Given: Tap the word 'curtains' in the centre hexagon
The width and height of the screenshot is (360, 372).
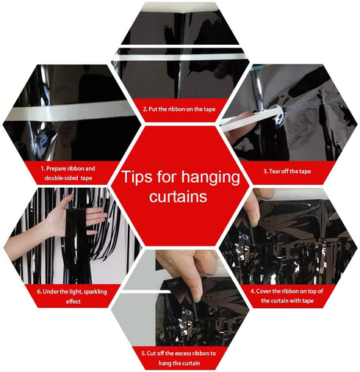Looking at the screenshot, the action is [x=179, y=197].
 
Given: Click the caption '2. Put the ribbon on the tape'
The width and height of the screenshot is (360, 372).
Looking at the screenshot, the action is [x=179, y=109].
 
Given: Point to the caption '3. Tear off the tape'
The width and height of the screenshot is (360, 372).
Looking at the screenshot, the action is [x=287, y=171].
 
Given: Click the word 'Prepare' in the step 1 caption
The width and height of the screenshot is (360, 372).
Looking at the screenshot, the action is [x=56, y=169].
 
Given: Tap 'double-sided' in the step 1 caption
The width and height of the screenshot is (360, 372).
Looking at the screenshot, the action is [x=62, y=178].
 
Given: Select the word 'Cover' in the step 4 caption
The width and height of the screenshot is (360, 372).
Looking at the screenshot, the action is [x=264, y=291].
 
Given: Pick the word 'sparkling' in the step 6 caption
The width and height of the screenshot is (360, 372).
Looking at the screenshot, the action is [x=96, y=292].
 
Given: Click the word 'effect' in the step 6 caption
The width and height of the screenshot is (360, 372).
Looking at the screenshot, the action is [x=73, y=302].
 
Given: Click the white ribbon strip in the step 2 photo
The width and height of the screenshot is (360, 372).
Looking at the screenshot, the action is [x=180, y=57].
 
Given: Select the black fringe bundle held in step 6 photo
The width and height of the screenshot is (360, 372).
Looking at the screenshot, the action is [x=76, y=242].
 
